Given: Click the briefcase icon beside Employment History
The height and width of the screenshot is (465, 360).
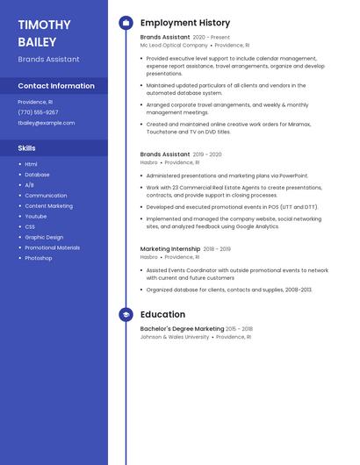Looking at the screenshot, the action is [126, 23].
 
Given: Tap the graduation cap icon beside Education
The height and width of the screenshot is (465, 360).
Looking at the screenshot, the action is [126, 314].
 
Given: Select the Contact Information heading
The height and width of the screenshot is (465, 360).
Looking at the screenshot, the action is [56, 86].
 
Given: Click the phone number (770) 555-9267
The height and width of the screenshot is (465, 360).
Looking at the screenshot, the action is [38, 112].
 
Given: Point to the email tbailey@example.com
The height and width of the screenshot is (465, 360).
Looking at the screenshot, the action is [47, 123].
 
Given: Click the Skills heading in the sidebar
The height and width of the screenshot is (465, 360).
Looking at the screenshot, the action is [27, 148].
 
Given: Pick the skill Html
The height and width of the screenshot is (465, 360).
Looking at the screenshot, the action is [31, 164].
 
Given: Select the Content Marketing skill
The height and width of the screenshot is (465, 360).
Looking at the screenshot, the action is [48, 206].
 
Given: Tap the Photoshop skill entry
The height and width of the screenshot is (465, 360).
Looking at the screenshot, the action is [39, 258].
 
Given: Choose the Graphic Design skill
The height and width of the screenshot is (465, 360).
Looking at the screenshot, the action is [44, 237].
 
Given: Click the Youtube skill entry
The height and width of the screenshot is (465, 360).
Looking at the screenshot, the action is [36, 216].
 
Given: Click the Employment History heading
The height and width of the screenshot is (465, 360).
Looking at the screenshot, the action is [185, 23].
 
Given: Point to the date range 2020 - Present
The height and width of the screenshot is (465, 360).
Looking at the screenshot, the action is [211, 38].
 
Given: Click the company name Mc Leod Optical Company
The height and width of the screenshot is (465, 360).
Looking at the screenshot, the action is [174, 45].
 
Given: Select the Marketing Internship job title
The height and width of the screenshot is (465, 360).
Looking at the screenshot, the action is [169, 249].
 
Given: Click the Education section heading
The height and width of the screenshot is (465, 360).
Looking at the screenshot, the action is [162, 314].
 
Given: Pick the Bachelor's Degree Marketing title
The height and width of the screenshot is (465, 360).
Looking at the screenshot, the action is [182, 329].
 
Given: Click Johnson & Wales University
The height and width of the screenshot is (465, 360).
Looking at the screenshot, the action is [175, 337].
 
